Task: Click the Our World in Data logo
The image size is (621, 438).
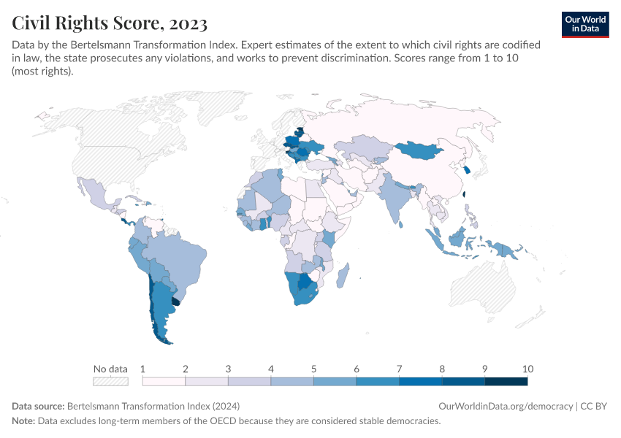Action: tap(585, 24)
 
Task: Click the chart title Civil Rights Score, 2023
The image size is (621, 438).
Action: tap(109, 23)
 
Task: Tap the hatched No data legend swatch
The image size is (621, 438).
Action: tap(110, 381)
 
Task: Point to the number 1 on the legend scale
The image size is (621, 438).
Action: tap(143, 369)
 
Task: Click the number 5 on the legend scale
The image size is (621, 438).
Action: tap(313, 369)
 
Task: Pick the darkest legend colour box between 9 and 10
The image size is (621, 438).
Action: tap(506, 381)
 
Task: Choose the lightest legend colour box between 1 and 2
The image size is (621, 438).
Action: tap(164, 381)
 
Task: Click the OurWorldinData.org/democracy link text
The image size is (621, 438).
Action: tap(506, 406)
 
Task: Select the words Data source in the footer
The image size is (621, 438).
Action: tap(38, 406)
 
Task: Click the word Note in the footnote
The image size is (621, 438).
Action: tap(23, 421)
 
